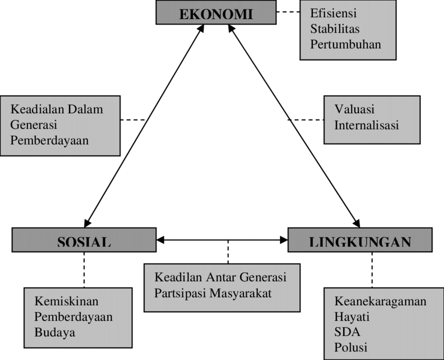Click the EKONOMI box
(x=216, y=13)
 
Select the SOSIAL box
(x=84, y=240)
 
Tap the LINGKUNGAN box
(x=360, y=240)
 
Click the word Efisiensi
(x=333, y=14)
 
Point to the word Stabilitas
(x=335, y=29)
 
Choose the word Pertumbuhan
(x=345, y=44)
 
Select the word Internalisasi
(x=366, y=125)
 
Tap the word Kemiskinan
(x=66, y=301)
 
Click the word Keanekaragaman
(x=380, y=301)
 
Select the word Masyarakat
(x=240, y=293)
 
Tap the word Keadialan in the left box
(x=36, y=110)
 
